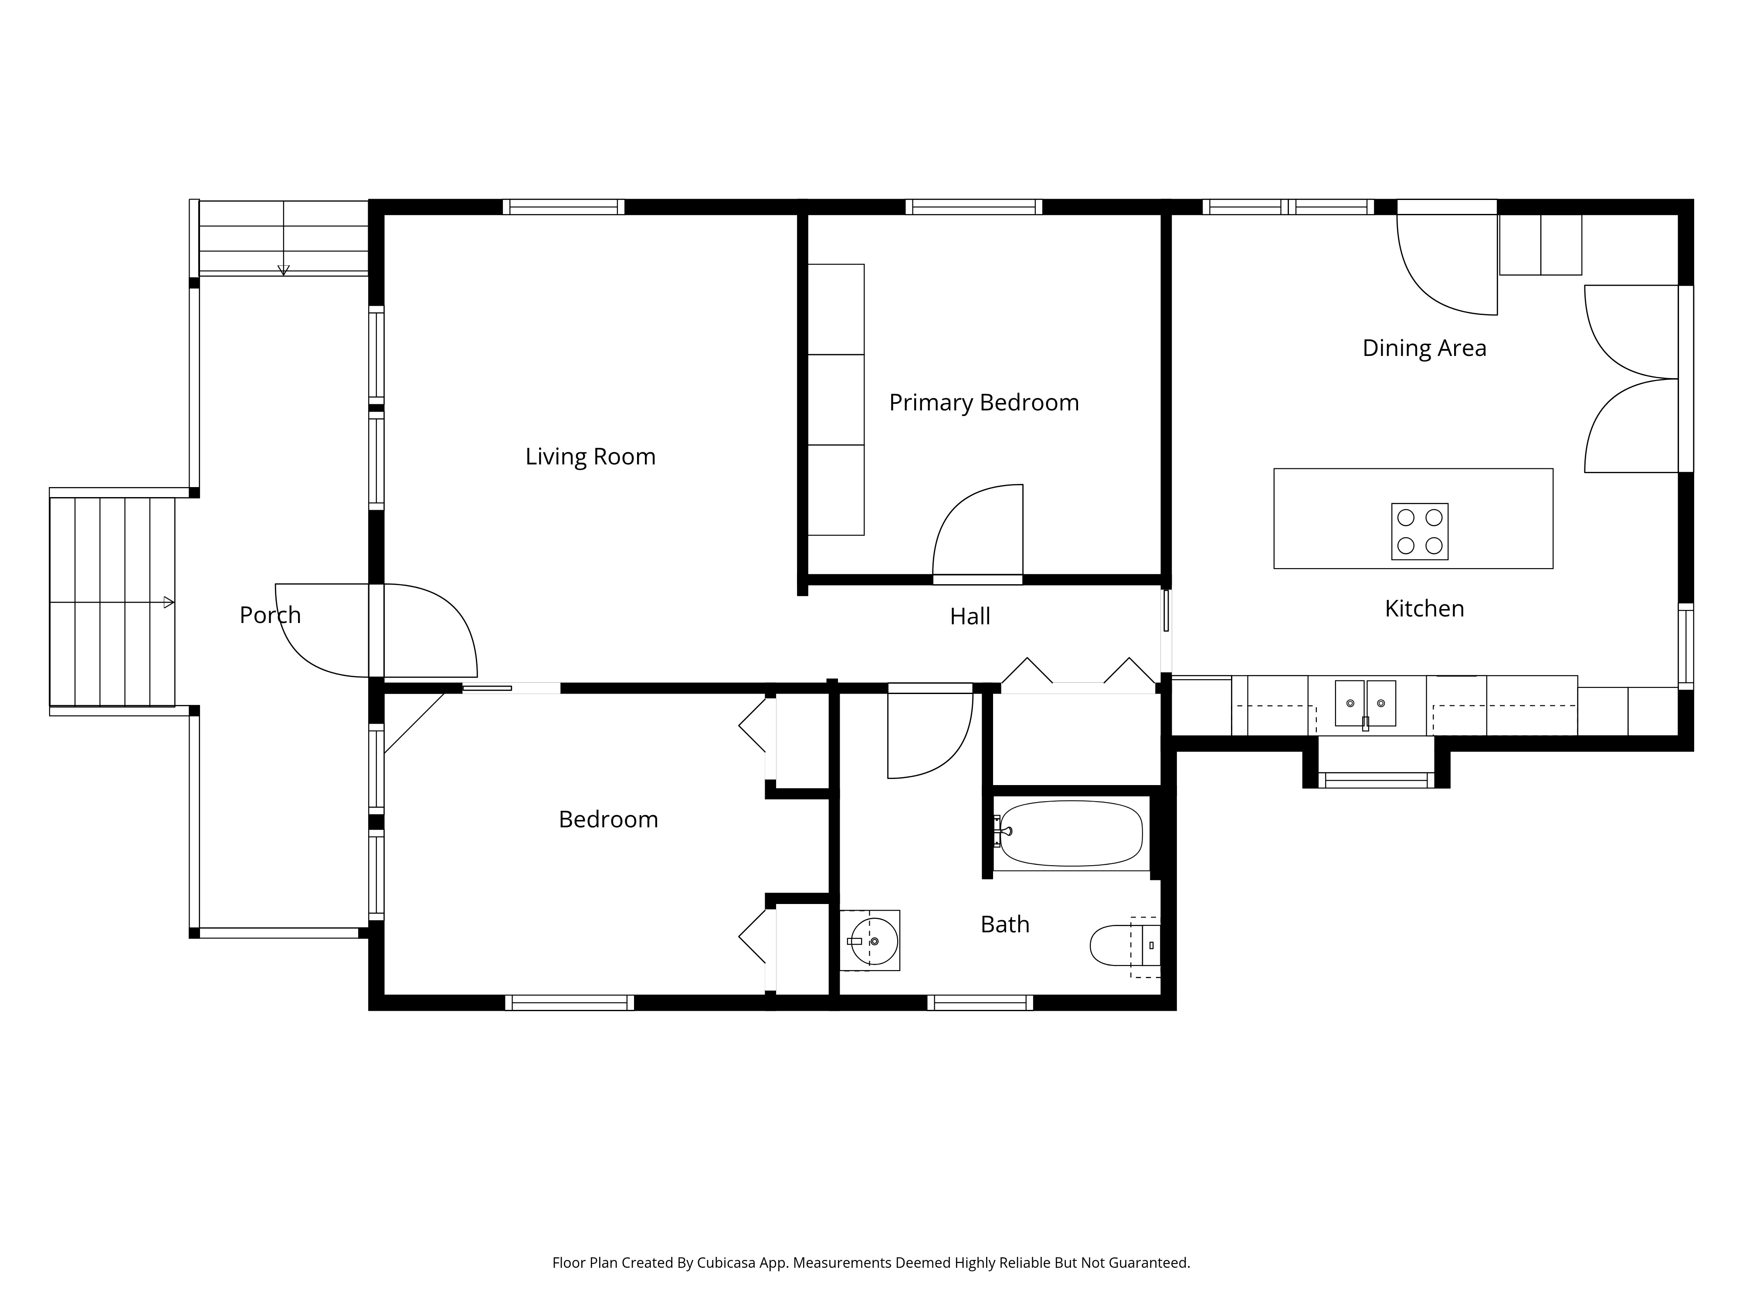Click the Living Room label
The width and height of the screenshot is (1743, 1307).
point(590,457)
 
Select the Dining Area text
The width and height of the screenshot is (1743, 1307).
point(1424,348)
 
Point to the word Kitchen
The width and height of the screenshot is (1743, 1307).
point(1424,608)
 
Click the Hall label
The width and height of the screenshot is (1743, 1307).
point(970,616)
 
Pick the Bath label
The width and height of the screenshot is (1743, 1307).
point(1005,924)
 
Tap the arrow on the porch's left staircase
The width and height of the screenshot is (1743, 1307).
point(168,603)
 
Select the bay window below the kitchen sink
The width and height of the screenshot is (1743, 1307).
point(1376,780)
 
